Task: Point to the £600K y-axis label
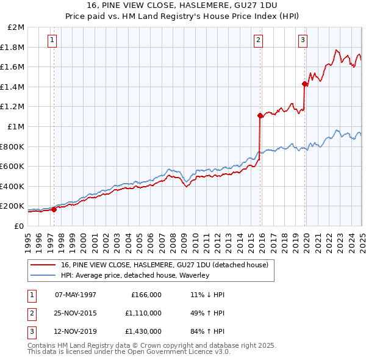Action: coord(13,167)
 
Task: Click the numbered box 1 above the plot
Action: coord(53,41)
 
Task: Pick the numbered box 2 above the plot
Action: coord(259,41)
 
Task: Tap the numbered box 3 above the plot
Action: coord(303,41)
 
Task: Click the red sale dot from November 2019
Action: coord(304,84)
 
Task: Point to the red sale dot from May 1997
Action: coord(54,209)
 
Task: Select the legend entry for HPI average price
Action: coord(134,275)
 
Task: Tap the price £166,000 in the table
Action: coord(146,294)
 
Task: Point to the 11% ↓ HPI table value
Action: coord(207,294)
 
